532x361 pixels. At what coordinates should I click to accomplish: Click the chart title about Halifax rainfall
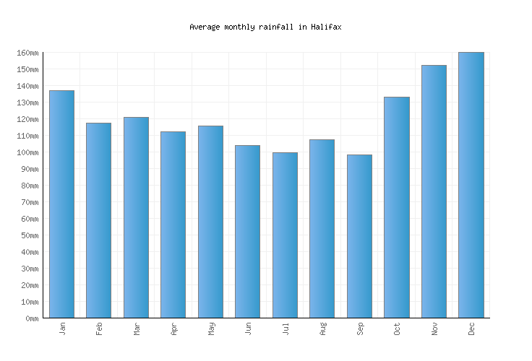pyautogui.click(x=265, y=27)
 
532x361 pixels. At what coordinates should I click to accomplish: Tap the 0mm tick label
pyautogui.click(x=31, y=318)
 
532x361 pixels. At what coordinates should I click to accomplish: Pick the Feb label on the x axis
pyautogui.click(x=99, y=329)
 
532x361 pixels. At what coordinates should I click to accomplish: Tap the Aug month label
pyautogui.click(x=322, y=329)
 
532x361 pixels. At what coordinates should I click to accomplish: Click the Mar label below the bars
pyautogui.click(x=137, y=329)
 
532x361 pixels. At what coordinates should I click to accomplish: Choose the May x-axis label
pyautogui.click(x=211, y=329)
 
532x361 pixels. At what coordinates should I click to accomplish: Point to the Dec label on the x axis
pyautogui.click(x=471, y=329)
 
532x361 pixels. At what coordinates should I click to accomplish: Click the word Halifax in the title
pyautogui.click(x=326, y=27)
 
